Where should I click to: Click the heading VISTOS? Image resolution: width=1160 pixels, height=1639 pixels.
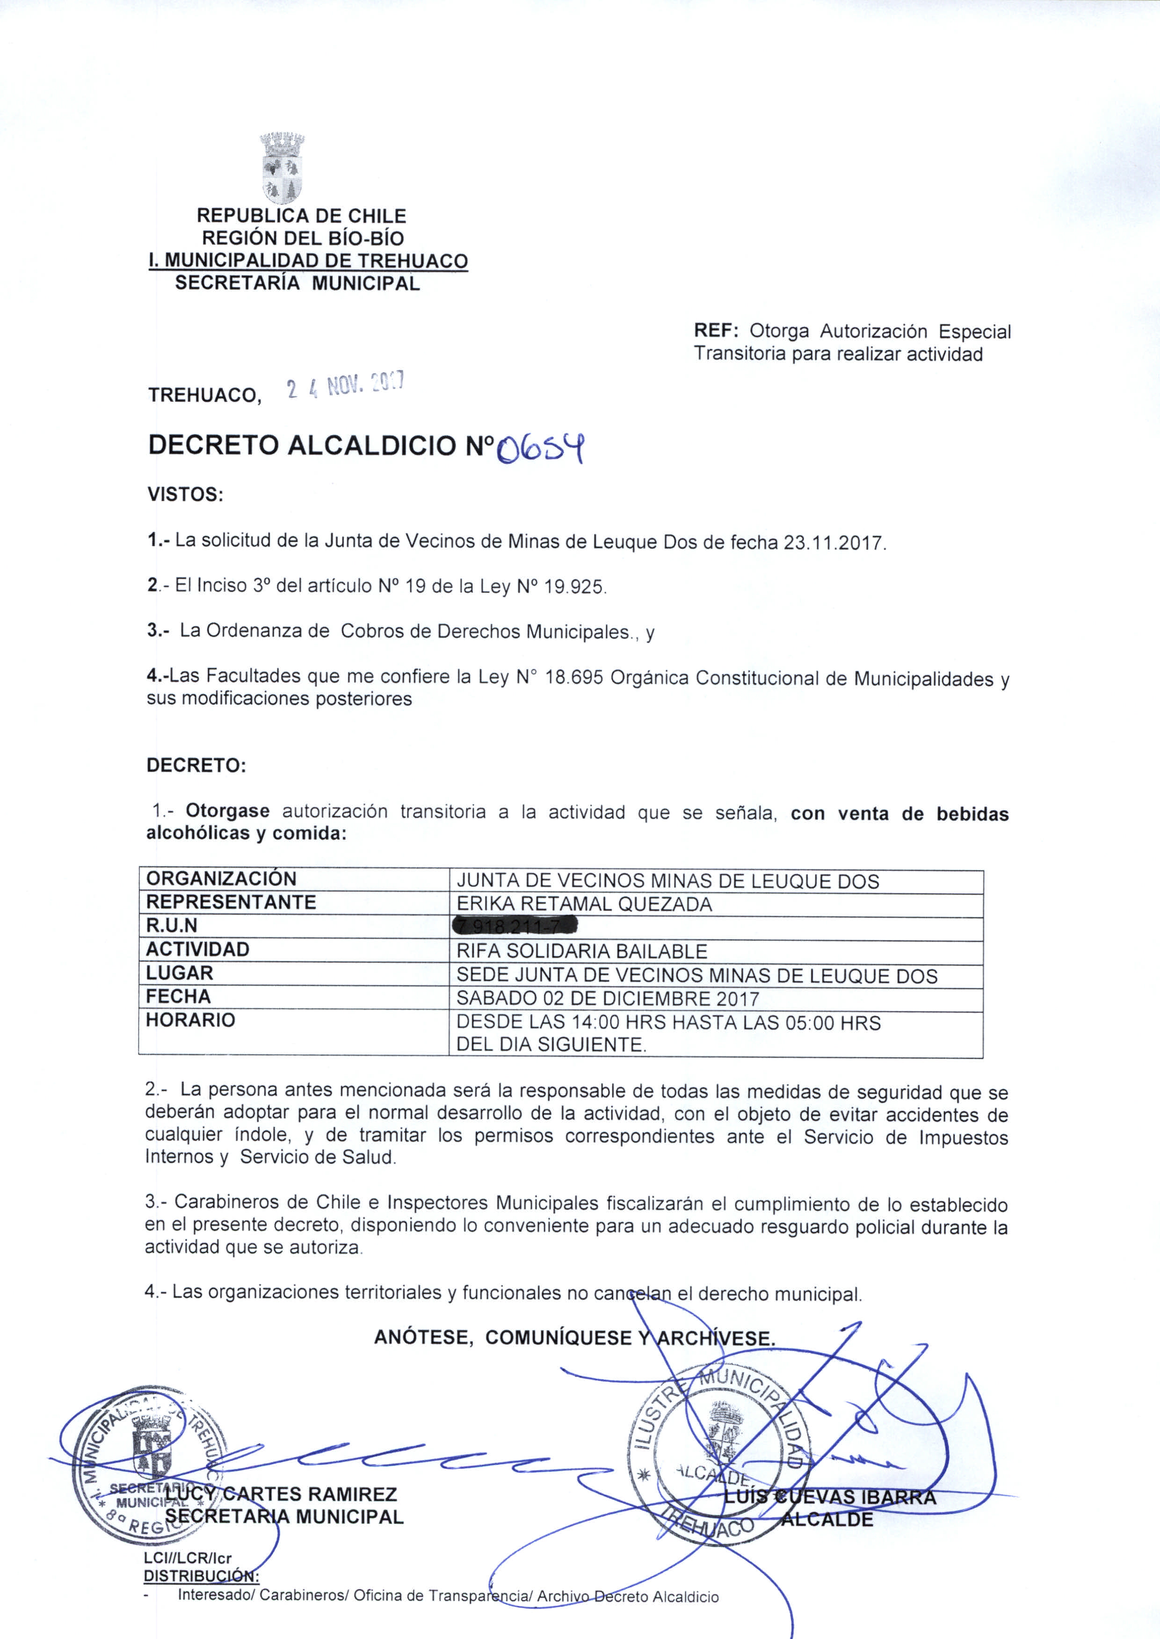coord(185,494)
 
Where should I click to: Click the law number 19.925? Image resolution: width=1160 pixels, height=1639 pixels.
coord(575,587)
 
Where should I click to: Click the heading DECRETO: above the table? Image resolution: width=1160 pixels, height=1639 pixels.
coord(196,766)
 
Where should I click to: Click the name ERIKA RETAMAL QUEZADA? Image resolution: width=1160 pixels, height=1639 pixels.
coord(584,904)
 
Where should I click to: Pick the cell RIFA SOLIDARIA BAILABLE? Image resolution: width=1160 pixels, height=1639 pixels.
coord(581,951)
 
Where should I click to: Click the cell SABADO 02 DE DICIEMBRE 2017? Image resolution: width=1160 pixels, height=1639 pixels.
coord(607,998)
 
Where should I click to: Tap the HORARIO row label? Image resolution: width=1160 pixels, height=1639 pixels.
coord(190,1020)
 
